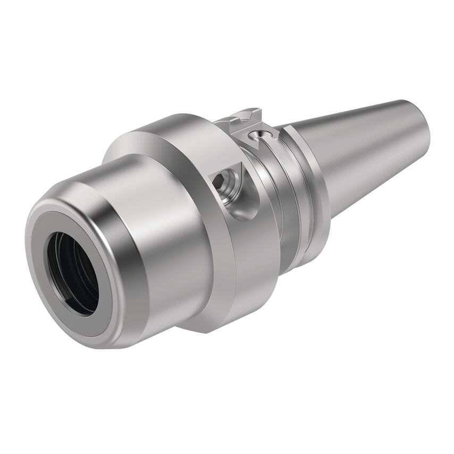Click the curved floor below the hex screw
coord(239,210)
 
